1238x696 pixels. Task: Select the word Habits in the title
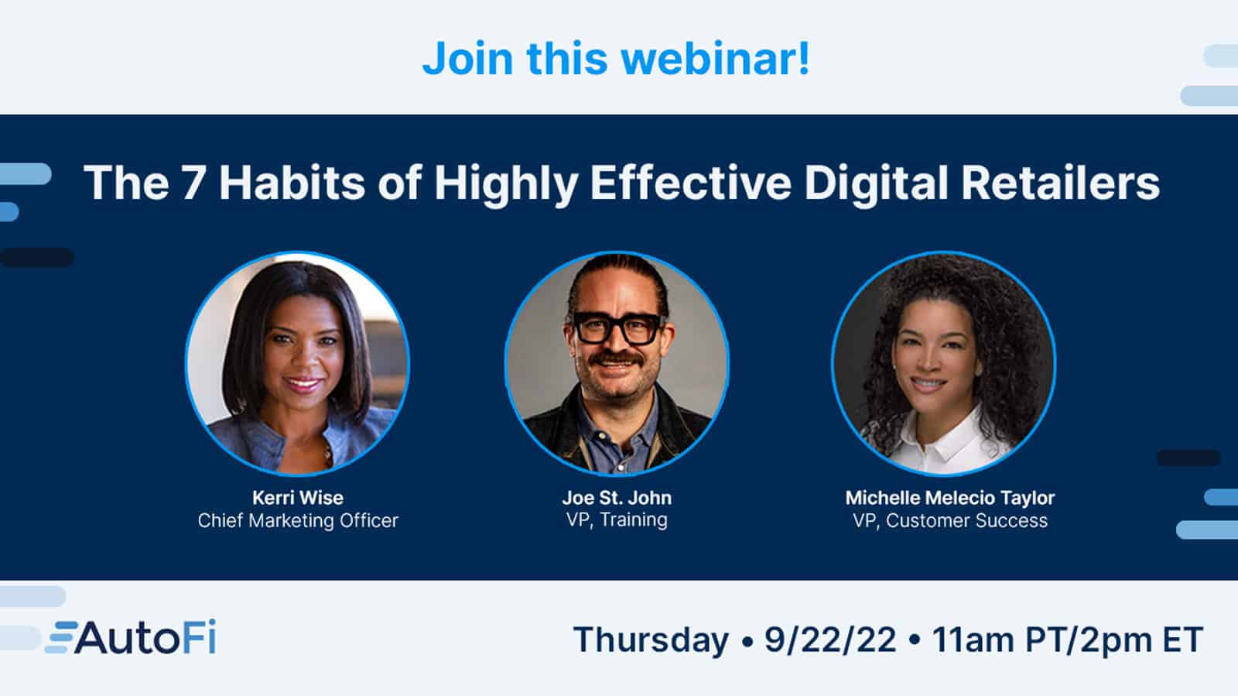[x=292, y=183]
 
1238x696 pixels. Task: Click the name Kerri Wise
[x=298, y=498]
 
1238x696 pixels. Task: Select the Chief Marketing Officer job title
[x=298, y=520]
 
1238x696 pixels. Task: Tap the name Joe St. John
[x=617, y=498]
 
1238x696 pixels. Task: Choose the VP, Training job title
[x=617, y=519]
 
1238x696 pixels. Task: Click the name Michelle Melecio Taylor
[x=950, y=498]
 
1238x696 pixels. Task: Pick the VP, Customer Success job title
[x=950, y=520]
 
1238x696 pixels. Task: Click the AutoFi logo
[x=132, y=639]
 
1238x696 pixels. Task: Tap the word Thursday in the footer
[x=651, y=640]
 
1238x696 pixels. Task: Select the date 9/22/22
[x=830, y=640]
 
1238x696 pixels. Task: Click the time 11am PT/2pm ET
[x=1068, y=640]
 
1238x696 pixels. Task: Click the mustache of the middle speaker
[x=616, y=360]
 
